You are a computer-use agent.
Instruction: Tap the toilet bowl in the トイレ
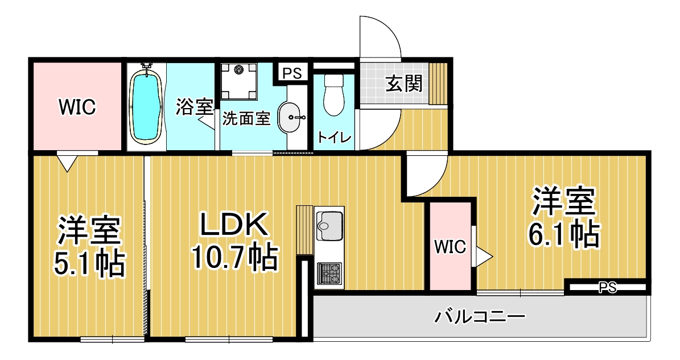click(333, 96)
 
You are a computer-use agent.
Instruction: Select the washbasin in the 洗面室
click(289, 117)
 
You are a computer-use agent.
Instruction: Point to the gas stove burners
click(329, 274)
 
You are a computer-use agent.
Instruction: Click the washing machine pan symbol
click(238, 81)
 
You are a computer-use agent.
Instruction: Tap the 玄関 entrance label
click(404, 84)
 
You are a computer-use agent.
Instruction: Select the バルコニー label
click(480, 317)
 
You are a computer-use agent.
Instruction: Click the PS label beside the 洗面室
click(292, 73)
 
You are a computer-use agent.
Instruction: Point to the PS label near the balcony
click(608, 288)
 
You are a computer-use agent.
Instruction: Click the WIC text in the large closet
click(77, 106)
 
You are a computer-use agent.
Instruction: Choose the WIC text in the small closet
click(450, 247)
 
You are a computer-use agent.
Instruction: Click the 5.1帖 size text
click(89, 263)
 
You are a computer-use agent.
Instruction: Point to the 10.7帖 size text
click(234, 257)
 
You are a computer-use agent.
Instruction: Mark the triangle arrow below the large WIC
click(67, 163)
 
